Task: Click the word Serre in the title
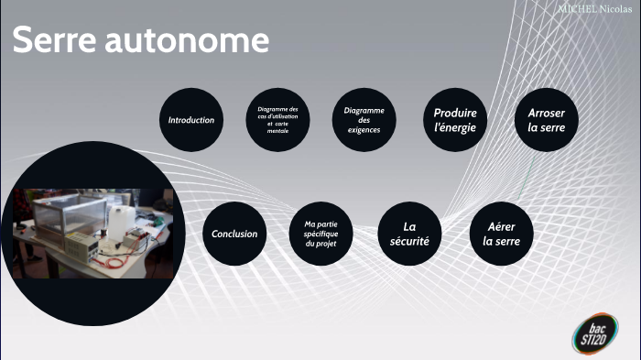tap(56, 41)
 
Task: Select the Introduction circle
tap(191, 120)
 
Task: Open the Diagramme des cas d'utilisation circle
tap(277, 120)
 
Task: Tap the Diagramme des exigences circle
tap(364, 120)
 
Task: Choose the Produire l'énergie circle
tap(455, 120)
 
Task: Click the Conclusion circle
tap(234, 234)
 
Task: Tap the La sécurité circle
tap(410, 234)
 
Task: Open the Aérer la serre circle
tap(501, 234)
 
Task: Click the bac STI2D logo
tap(595, 333)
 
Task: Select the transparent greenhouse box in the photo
tap(64, 212)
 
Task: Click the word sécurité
tap(409, 241)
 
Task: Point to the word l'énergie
tap(455, 127)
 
